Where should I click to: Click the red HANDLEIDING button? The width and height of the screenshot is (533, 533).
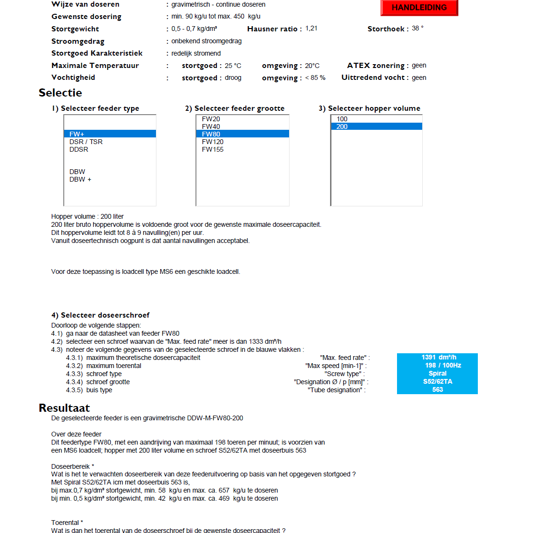(x=419, y=8)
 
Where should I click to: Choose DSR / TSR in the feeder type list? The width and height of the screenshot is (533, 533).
(x=86, y=142)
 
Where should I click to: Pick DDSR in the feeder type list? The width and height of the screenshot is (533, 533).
(x=78, y=149)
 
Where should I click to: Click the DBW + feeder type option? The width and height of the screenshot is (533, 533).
(x=80, y=179)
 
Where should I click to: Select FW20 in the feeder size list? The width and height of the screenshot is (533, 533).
(x=211, y=119)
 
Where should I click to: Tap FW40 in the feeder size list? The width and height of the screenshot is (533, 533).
(x=211, y=126)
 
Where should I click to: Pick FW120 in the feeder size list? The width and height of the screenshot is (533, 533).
(x=213, y=142)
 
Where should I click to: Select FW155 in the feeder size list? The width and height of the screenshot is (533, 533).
(x=213, y=149)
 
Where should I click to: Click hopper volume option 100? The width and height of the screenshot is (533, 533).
(x=342, y=119)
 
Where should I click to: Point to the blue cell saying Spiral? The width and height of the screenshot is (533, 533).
(x=437, y=373)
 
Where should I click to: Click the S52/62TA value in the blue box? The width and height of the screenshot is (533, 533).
(x=437, y=381)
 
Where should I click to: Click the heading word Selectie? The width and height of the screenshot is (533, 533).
(x=60, y=93)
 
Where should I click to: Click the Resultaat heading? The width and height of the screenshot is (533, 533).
(x=64, y=408)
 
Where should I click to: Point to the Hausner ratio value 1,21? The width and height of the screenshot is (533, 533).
(x=311, y=29)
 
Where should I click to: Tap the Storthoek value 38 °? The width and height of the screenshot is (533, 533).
(x=417, y=29)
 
